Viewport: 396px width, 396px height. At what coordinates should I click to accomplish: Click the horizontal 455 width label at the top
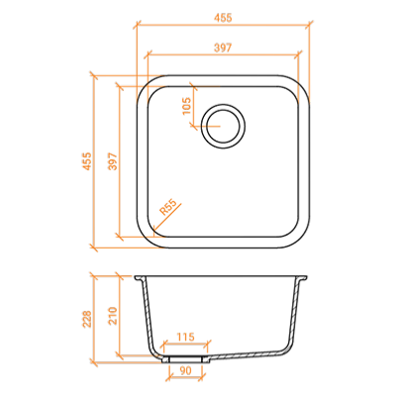click(223, 18)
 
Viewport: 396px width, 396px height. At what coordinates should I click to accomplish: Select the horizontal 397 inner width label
click(223, 48)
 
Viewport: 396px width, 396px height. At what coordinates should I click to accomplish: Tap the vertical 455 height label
click(87, 161)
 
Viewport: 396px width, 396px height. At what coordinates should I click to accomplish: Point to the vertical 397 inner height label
click(113, 161)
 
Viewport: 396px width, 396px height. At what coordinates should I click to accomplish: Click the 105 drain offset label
click(186, 106)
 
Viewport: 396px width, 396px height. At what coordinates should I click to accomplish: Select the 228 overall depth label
click(87, 319)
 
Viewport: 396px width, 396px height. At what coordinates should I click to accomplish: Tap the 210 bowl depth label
click(113, 316)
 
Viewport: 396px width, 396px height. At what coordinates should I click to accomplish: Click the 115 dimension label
click(185, 337)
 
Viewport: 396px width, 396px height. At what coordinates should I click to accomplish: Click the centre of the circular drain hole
click(223, 127)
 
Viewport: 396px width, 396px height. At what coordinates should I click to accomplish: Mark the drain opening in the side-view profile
click(185, 359)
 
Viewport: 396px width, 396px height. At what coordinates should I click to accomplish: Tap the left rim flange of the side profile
click(140, 278)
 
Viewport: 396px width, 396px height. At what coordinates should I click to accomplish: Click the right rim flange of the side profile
click(302, 278)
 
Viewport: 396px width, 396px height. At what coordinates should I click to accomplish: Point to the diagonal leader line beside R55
click(167, 220)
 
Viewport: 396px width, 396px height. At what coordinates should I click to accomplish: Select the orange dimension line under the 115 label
click(185, 345)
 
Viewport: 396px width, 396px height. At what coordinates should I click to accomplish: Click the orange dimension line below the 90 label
click(185, 378)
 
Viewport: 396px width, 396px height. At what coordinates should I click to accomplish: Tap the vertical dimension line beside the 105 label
click(194, 106)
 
